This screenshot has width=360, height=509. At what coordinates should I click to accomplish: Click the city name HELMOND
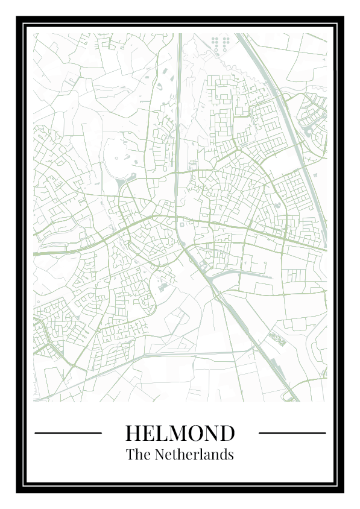180,433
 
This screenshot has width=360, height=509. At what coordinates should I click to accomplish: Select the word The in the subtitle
138,455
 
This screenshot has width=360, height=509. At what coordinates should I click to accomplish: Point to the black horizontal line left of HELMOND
68,432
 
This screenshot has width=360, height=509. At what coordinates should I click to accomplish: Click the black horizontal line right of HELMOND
292,432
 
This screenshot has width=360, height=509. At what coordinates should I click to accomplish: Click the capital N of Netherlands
161,455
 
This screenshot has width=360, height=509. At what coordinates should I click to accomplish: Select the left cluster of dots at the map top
215,43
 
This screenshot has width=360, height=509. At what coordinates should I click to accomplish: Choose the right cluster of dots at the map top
226,43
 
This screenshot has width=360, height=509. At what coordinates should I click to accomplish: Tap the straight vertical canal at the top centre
180,90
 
